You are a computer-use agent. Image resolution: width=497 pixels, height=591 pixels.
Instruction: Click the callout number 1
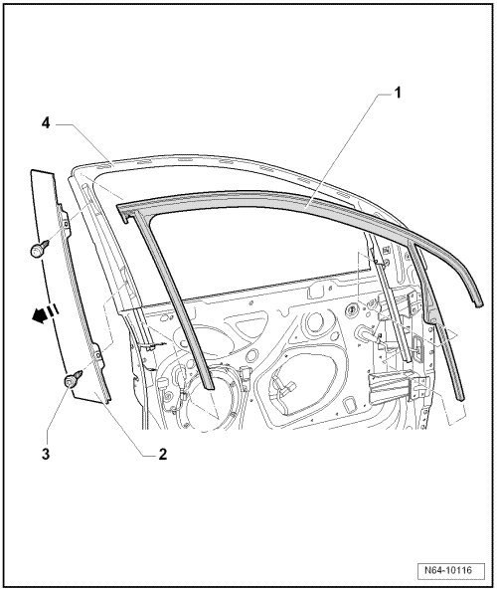pos(398,93)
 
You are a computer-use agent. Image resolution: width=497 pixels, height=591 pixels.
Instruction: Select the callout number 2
pos(163,454)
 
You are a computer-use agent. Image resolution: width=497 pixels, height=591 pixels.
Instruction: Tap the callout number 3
pos(46,454)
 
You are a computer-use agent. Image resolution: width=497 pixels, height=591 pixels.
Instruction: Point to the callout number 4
pos(46,122)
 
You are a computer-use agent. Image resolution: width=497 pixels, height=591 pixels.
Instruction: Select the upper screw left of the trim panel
pos(39,249)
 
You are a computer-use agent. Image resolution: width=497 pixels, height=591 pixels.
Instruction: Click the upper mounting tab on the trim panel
pos(66,224)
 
